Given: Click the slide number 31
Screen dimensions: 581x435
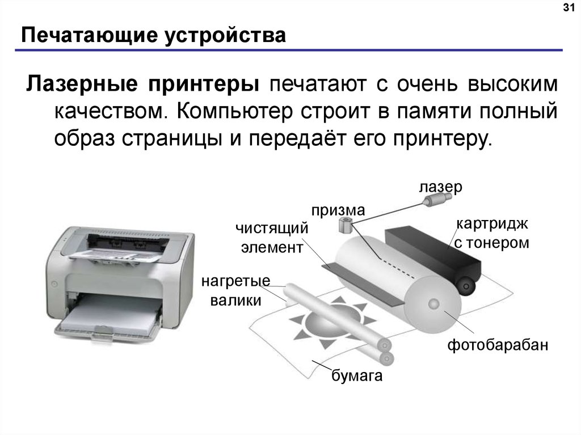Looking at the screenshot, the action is click(x=569, y=8).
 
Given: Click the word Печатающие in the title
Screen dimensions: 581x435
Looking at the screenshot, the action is click(x=89, y=36).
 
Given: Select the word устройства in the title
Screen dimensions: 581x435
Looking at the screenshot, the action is click(x=225, y=36).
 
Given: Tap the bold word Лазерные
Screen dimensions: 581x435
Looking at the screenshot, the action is click(x=82, y=85).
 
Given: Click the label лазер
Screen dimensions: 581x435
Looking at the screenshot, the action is click(x=440, y=188).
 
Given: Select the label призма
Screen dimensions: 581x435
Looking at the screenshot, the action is click(x=338, y=211).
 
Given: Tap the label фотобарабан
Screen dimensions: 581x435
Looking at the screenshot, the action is click(x=497, y=345).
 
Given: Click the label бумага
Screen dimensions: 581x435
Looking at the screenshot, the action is click(x=356, y=375).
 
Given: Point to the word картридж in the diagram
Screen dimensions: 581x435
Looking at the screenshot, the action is click(x=492, y=225).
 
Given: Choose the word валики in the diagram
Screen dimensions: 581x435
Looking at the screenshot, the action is click(x=235, y=300).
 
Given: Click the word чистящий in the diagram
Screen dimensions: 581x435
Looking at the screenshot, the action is click(x=272, y=228).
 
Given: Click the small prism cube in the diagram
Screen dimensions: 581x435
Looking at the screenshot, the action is click(x=346, y=225).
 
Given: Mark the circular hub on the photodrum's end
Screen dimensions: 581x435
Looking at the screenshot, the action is click(x=433, y=304).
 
